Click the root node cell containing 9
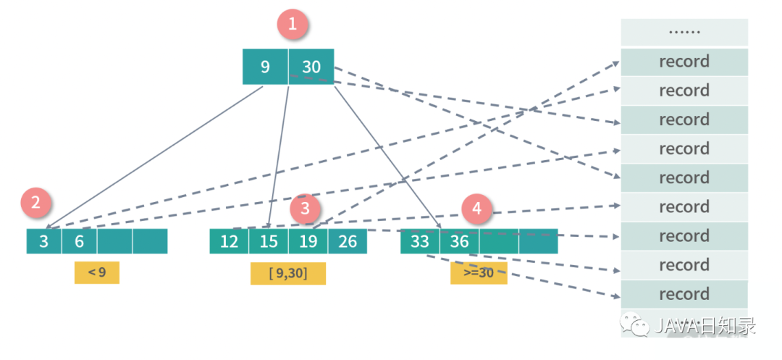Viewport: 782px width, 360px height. pyautogui.click(x=265, y=67)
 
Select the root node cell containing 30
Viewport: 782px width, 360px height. pyautogui.click(x=311, y=67)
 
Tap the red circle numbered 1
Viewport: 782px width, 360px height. pyautogui.click(x=293, y=24)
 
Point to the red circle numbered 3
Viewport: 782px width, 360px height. pyautogui.click(x=305, y=209)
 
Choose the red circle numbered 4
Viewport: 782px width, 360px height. pyautogui.click(x=476, y=209)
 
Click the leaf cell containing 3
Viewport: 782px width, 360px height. pyautogui.click(x=44, y=241)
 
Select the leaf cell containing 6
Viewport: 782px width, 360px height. pyautogui.click(x=79, y=241)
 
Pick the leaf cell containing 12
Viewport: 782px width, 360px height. pyautogui.click(x=229, y=241)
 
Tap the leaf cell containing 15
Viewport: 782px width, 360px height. pyautogui.click(x=269, y=241)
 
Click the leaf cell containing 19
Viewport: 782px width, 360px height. pyautogui.click(x=308, y=241)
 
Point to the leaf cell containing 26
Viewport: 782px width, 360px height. pyautogui.click(x=348, y=241)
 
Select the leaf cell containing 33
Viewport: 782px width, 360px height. pyautogui.click(x=420, y=241)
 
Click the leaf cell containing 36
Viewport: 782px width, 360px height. pyautogui.click(x=459, y=241)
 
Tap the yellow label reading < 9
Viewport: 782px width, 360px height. pyautogui.click(x=96, y=272)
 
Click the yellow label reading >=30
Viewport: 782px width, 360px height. pyautogui.click(x=479, y=273)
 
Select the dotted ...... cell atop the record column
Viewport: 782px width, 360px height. pyautogui.click(x=684, y=33)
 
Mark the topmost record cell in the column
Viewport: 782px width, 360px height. pyautogui.click(x=684, y=62)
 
